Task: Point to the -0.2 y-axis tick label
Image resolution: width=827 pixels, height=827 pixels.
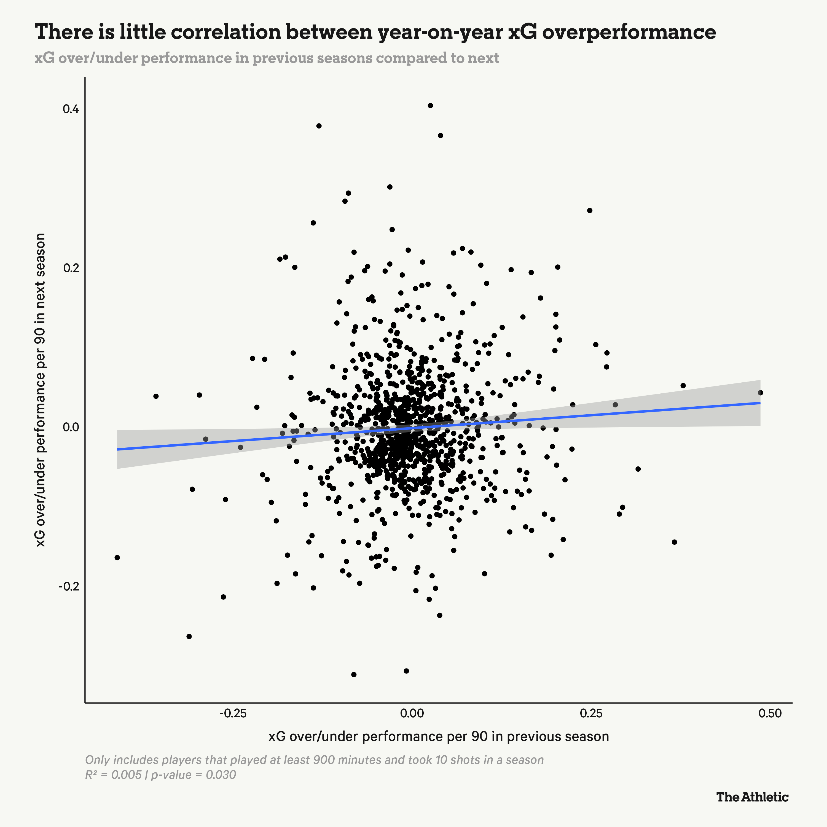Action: click(68, 586)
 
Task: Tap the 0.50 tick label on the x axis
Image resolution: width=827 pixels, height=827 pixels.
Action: click(770, 713)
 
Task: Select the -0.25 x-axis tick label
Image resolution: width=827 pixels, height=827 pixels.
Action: click(232, 713)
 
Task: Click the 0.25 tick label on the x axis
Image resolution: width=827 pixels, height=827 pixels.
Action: click(591, 713)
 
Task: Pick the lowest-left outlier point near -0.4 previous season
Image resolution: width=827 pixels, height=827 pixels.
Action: click(117, 557)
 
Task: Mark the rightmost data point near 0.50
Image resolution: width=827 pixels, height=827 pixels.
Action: click(760, 393)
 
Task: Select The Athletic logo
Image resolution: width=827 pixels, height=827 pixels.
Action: click(752, 797)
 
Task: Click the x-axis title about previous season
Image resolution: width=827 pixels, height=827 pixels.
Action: click(438, 736)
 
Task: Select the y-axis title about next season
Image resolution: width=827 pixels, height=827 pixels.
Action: click(41, 390)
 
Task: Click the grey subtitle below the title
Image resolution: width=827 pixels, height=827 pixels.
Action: click(266, 58)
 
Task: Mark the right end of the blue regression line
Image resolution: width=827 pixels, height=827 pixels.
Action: click(760, 403)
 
